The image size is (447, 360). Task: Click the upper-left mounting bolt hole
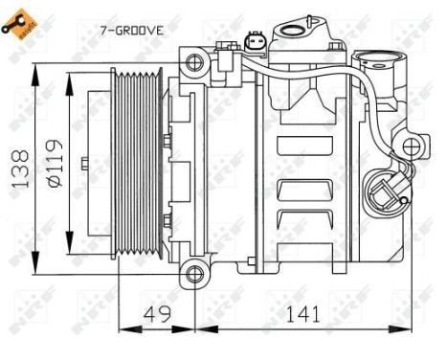[x=195, y=64]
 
